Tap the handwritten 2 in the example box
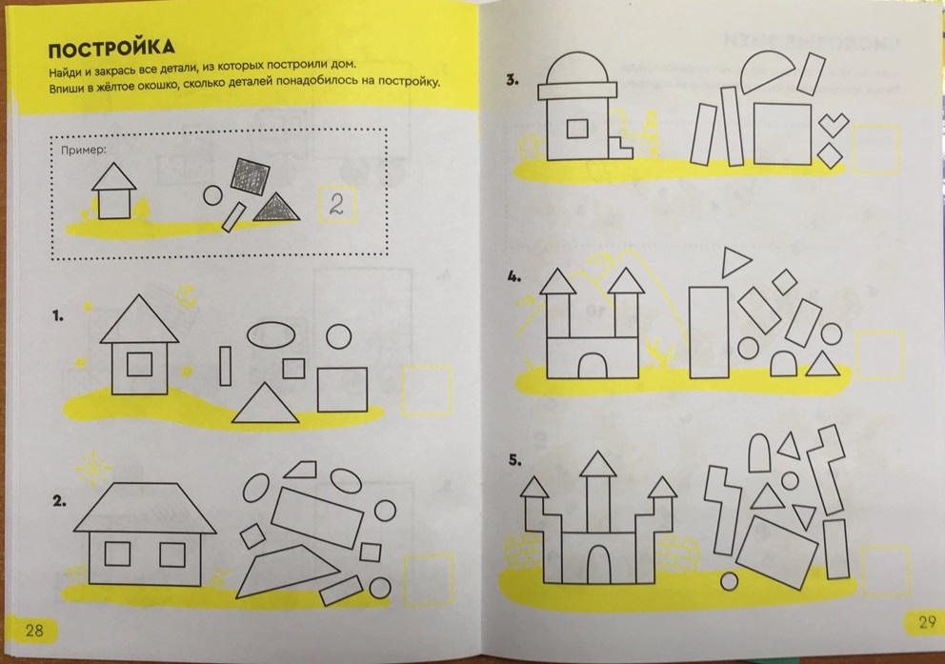336,205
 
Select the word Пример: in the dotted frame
83,150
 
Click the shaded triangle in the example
276,208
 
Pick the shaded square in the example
251,176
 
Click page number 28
34,631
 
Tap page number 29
926,622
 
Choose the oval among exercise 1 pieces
271,335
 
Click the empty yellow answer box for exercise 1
427,391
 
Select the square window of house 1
139,364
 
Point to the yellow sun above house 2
92,468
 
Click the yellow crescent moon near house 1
187,295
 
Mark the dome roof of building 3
576,68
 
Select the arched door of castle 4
592,366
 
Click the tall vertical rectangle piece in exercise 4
708,332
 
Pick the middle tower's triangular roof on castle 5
598,464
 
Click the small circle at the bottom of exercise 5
729,581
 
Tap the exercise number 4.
514,276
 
